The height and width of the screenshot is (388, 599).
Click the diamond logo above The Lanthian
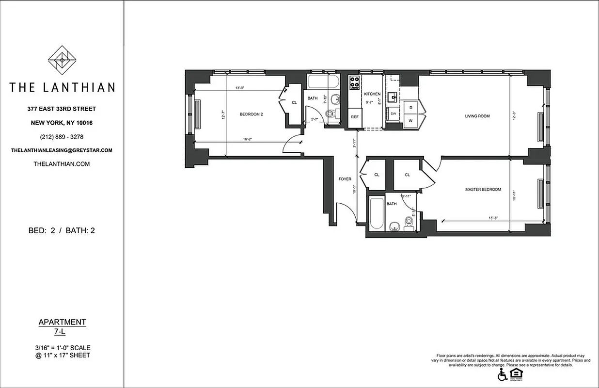[62, 60]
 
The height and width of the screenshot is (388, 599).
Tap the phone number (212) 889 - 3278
[62, 136]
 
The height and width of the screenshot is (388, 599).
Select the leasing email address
[62, 150]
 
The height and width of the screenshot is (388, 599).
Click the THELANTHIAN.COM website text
[62, 164]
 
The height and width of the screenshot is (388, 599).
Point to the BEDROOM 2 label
[251, 114]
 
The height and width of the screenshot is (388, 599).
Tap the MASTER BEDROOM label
[483, 190]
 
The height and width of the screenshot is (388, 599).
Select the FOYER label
[345, 179]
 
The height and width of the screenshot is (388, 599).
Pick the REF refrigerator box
[355, 117]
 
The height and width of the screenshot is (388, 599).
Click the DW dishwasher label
[394, 113]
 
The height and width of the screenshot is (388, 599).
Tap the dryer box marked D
[411, 107]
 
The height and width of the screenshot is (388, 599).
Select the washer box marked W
[411, 120]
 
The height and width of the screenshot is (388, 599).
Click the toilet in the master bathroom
[409, 223]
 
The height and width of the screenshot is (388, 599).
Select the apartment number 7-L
[62, 331]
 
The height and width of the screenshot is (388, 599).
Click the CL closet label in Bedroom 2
[295, 102]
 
